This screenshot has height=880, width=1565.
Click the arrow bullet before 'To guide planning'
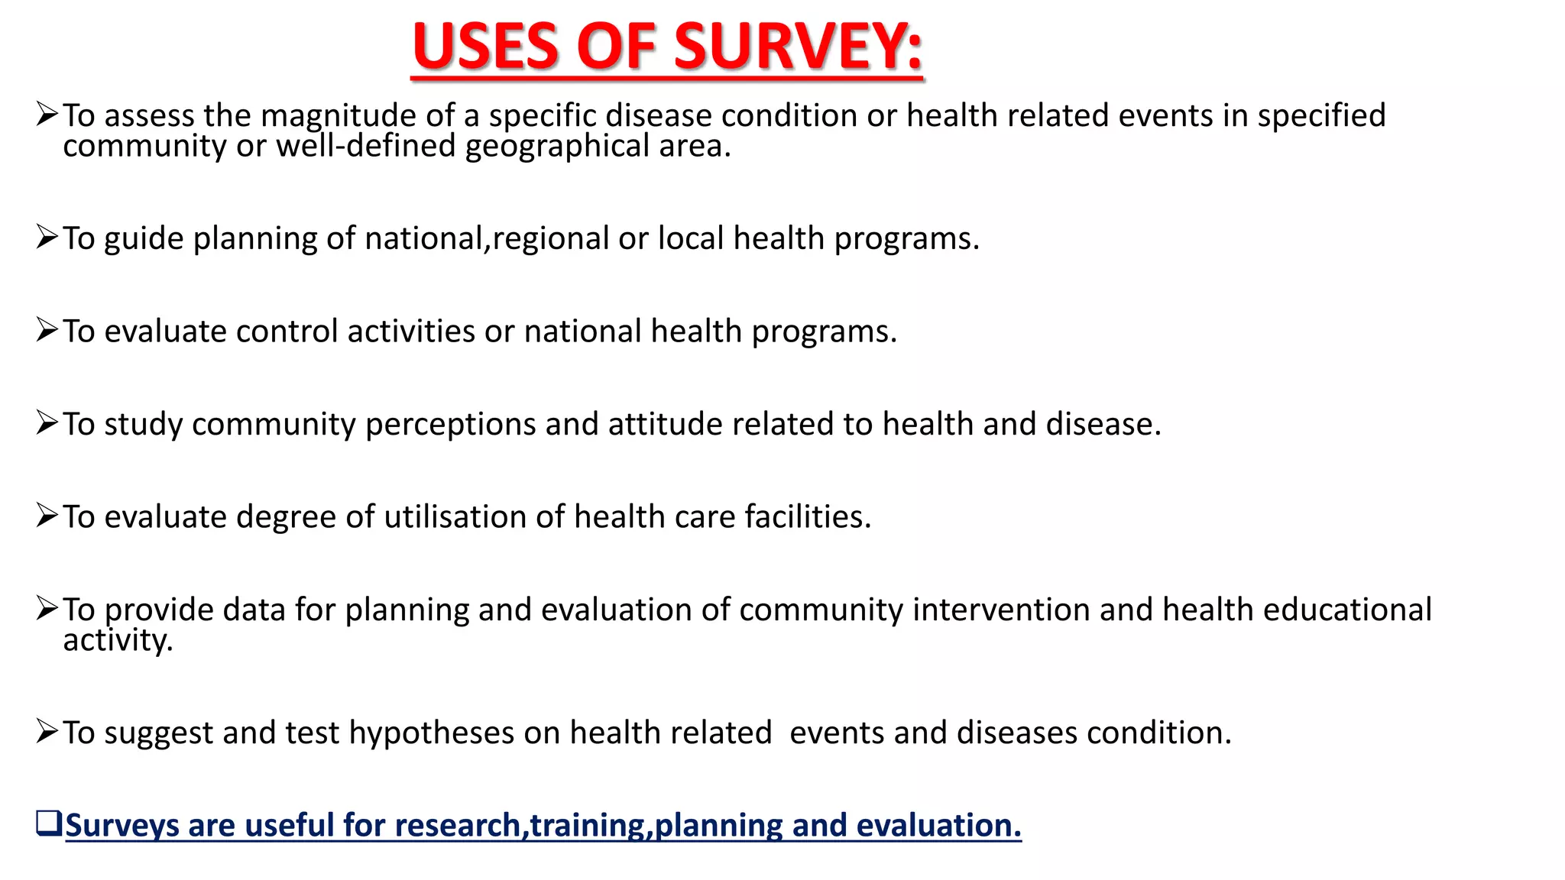click(47, 238)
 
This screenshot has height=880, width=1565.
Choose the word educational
click(1347, 610)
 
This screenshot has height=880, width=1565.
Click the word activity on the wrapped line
click(118, 641)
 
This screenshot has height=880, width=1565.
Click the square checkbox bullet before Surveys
click(48, 823)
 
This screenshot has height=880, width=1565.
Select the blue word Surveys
click(122, 826)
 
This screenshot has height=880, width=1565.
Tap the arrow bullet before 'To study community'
click(47, 422)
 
